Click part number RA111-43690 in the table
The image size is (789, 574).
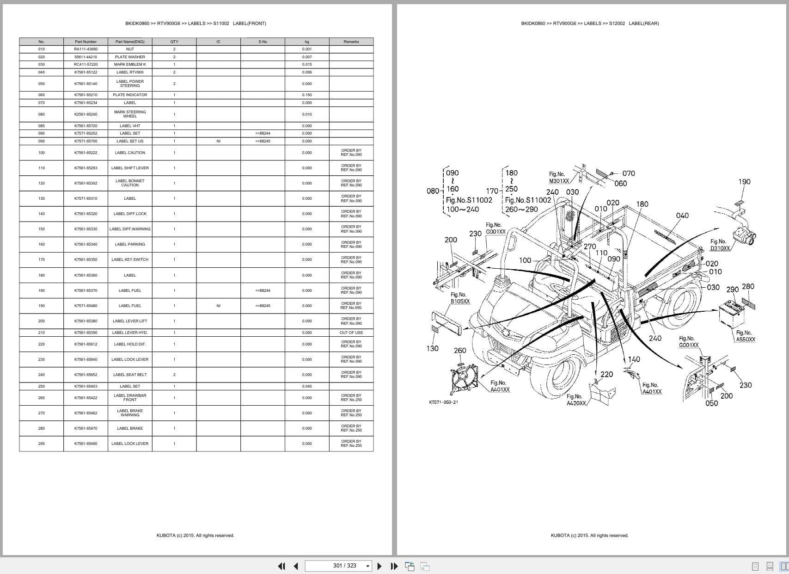pos(86,49)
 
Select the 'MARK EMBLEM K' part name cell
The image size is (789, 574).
pos(130,64)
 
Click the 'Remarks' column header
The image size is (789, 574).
pos(351,42)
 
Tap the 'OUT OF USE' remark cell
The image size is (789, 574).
pos(351,333)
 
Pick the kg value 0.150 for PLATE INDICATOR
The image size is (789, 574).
pos(307,95)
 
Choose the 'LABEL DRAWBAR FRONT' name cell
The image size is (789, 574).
pos(130,398)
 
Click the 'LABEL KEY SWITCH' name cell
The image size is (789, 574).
pos(130,259)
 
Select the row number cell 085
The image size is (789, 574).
pos(42,126)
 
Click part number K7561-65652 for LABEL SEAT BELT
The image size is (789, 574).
pos(86,375)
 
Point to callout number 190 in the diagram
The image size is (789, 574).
pos(744,182)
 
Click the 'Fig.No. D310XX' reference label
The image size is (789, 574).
pos(719,245)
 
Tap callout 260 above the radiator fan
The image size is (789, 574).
pos(460,351)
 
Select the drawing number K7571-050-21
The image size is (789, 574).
pos(443,402)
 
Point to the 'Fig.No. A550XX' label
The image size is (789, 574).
pos(745,336)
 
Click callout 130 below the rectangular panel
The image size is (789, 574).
pos(432,349)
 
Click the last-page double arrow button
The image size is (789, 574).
pos(394,566)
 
